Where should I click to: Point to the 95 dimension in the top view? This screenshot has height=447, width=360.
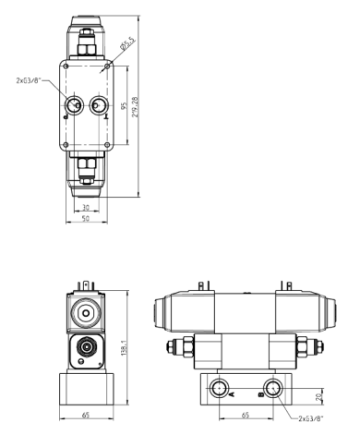[123, 104]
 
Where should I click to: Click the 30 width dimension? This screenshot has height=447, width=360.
[83, 208]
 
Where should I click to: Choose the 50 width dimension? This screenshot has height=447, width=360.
[85, 220]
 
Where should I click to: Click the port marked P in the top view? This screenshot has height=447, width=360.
[72, 103]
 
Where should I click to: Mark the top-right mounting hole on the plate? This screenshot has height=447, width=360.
[108, 66]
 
